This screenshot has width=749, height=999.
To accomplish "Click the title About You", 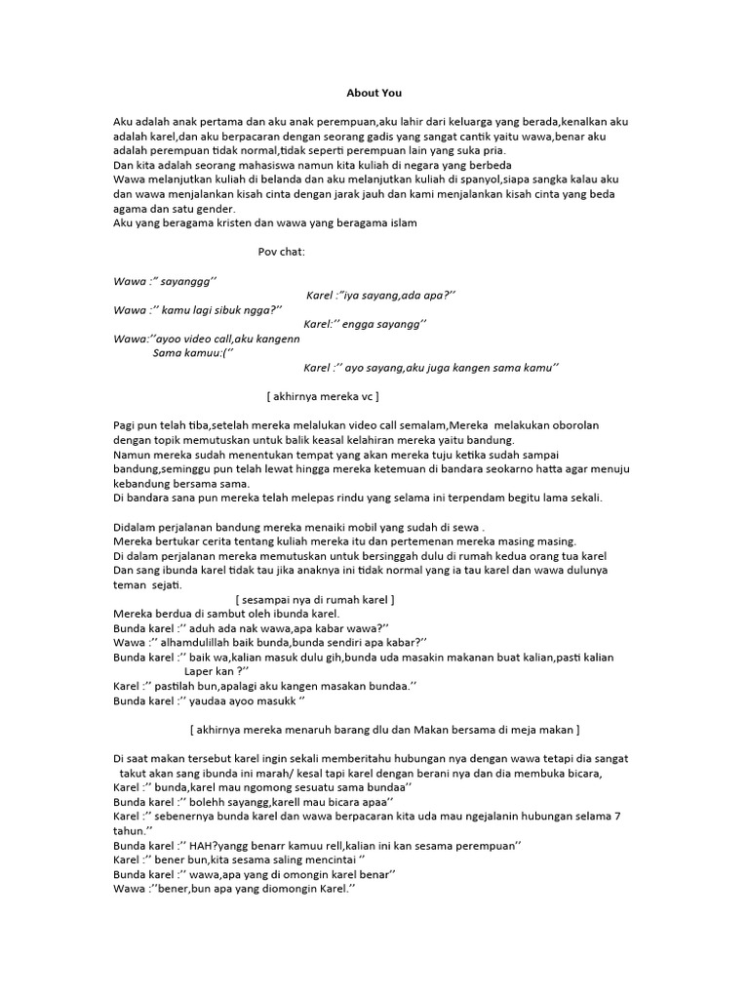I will tap(374, 94).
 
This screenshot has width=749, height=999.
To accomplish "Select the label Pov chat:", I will tap(282, 252).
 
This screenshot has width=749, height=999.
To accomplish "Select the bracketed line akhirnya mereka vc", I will tap(322, 397).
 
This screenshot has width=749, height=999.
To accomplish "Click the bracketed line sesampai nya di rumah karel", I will tap(315, 599).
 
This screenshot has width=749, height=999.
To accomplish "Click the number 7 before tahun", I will tap(617, 816).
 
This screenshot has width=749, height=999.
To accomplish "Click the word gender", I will tap(214, 209).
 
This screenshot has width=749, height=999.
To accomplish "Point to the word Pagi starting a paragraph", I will tap(125, 425).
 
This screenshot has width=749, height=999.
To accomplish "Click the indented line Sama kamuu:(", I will tap(193, 353).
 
